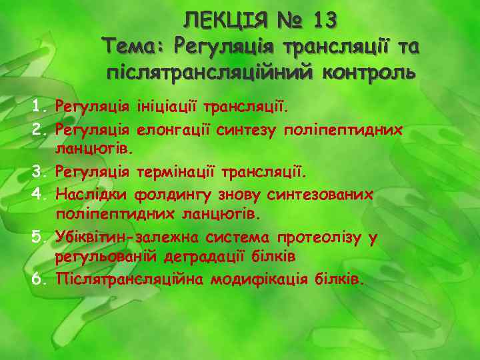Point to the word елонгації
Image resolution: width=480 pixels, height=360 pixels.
[173, 129]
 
